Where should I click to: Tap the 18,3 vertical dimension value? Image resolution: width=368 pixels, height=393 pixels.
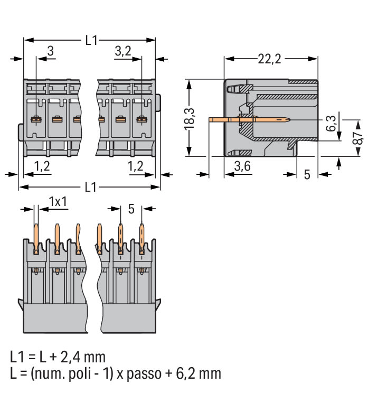[191, 118]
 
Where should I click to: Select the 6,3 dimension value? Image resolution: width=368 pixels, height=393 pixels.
[331, 125]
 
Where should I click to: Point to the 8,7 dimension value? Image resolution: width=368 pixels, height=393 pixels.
[358, 138]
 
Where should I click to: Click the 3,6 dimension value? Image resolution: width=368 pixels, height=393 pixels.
[242, 167]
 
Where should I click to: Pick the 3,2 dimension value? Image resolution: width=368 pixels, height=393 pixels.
[122, 51]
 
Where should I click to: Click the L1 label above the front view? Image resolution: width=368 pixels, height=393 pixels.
[91, 40]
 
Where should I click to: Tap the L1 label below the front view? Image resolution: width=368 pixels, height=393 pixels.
[91, 187]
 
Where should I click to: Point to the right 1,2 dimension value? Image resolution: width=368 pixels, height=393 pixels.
[136, 166]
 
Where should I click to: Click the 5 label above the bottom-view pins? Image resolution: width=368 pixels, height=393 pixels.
[131, 209]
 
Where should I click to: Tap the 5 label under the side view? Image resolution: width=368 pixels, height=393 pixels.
[307, 174]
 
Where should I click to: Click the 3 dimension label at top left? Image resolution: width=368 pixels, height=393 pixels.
[50, 51]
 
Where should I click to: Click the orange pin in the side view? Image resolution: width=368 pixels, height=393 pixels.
[248, 120]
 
